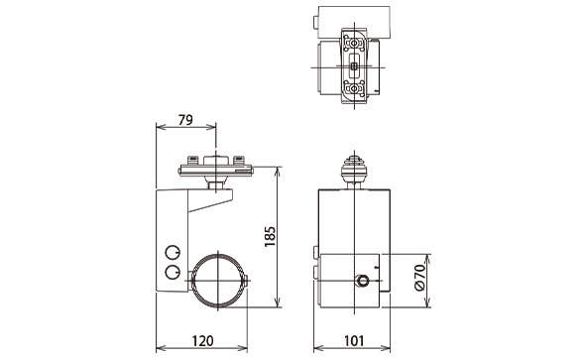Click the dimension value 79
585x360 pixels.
tap(185, 120)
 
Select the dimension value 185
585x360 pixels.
tap(270, 236)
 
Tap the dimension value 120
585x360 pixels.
tap(202, 341)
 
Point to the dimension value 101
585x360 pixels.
tap(353, 341)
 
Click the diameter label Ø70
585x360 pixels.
tap(419, 277)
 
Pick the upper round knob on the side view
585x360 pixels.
tap(173, 253)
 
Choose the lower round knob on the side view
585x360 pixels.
tap(173, 273)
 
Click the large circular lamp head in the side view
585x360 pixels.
tap(218, 281)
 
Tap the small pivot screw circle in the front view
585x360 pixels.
tap(362, 281)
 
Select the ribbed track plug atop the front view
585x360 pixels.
tap(354, 168)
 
